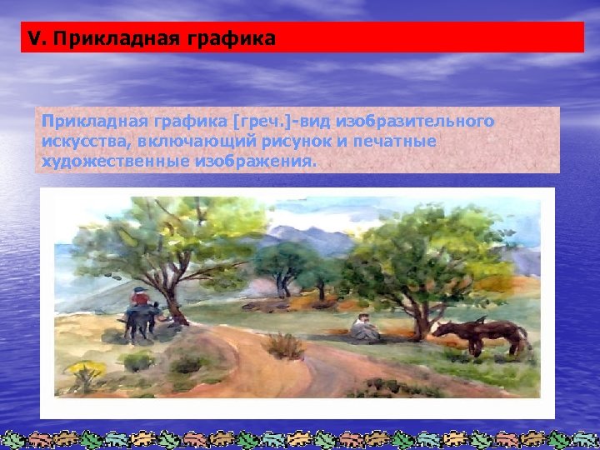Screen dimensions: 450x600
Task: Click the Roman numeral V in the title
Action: (32, 37)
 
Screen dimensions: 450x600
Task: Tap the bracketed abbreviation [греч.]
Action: (261, 122)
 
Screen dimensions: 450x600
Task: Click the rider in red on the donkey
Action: (140, 298)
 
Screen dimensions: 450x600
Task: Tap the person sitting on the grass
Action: (363, 327)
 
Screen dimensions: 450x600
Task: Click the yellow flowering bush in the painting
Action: (86, 369)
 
